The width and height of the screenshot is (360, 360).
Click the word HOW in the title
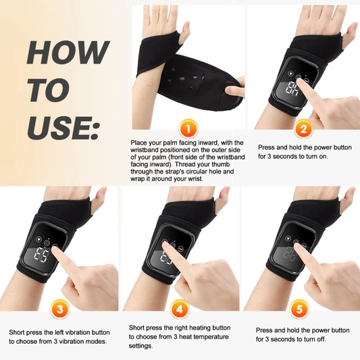click(68, 52)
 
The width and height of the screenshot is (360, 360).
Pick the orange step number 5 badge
click(298, 311)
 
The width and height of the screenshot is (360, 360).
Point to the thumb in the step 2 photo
click(349, 37)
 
